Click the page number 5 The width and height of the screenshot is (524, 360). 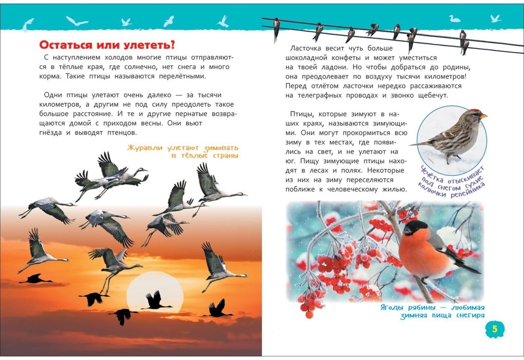pos(494,328)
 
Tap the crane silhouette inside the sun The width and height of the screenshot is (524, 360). pos(157,301)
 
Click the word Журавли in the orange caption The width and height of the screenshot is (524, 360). pos(145,148)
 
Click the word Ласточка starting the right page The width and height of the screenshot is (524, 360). pos(306,48)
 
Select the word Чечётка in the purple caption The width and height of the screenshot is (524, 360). pos(432,174)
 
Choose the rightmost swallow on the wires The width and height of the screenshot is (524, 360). pos(464,41)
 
